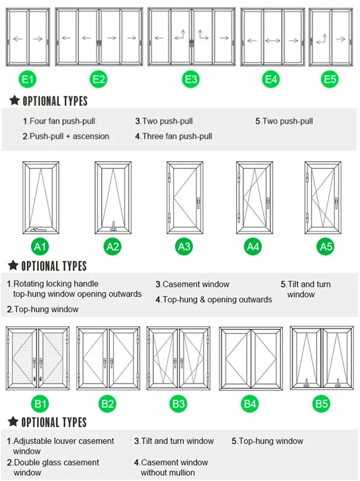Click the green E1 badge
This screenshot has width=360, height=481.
click(28, 80)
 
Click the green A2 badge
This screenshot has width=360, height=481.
click(112, 246)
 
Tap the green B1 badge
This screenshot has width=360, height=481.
click(40, 404)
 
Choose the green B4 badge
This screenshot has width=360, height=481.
click(250, 404)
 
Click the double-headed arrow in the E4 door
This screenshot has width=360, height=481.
click(273, 41)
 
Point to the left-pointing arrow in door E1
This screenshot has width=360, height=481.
click(18, 39)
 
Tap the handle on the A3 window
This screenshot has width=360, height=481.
click(198, 204)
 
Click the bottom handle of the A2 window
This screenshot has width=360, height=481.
click(114, 225)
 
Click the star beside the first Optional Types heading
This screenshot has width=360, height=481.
click(14, 100)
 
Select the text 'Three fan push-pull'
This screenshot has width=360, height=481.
click(177, 136)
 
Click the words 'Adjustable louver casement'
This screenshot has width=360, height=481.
click(63, 441)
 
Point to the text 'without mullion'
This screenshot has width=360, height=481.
click(168, 472)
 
